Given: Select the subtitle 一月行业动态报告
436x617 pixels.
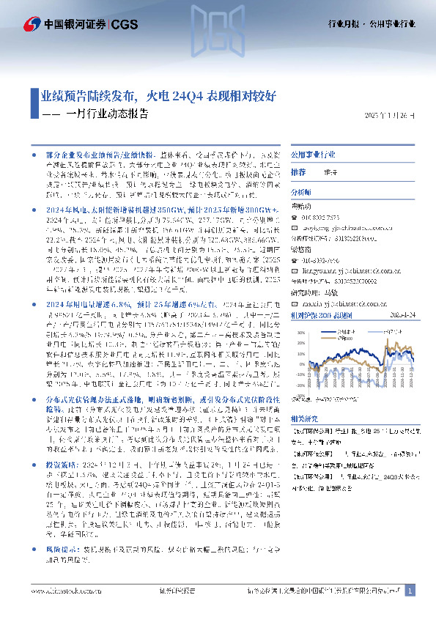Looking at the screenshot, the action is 106,114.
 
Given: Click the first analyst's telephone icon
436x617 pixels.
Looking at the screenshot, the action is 295,217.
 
